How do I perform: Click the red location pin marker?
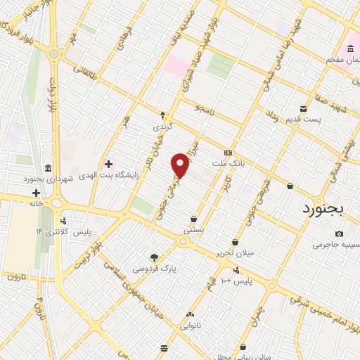tap(181, 165)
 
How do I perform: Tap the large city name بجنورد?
tap(326, 209)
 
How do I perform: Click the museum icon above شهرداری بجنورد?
tap(47, 168)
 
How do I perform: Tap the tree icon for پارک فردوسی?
tap(155, 257)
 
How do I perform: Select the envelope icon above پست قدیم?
tap(303, 109)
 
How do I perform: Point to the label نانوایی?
tap(191, 326)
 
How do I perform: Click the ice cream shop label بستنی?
tap(193, 229)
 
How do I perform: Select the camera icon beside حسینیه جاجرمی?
tap(340, 234)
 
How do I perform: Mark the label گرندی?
tap(162, 127)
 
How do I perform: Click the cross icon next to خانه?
tap(35, 193)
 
